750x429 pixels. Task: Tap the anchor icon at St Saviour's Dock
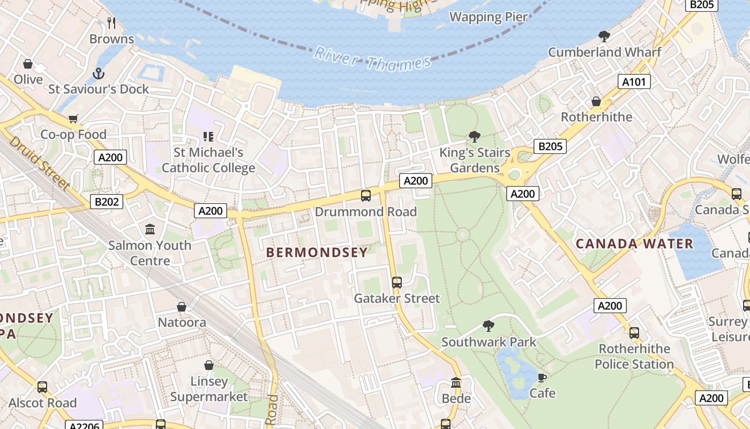click(x=99, y=73)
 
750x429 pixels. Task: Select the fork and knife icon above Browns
click(x=111, y=23)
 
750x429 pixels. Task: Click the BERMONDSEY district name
click(x=317, y=253)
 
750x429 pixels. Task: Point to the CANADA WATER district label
click(x=634, y=244)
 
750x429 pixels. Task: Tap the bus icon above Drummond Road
click(x=366, y=196)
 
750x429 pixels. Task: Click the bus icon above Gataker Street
click(x=397, y=283)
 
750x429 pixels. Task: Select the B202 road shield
click(x=107, y=202)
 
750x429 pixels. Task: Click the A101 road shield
click(x=634, y=82)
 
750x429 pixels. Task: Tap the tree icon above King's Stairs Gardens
click(x=474, y=136)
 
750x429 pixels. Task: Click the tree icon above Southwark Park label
click(x=488, y=326)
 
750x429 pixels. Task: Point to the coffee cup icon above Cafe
click(x=542, y=378)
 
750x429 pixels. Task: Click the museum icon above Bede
click(x=456, y=383)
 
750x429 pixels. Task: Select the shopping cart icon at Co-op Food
click(x=73, y=119)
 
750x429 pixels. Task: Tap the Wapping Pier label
click(x=489, y=17)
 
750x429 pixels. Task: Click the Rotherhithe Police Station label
click(x=634, y=357)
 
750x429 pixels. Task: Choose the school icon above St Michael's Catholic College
click(x=208, y=137)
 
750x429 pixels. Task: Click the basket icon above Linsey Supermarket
click(x=209, y=365)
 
